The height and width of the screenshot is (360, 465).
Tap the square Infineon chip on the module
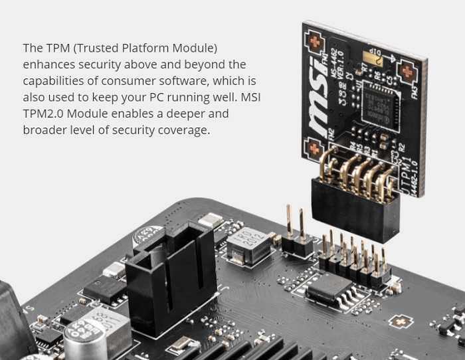(x=378, y=106)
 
